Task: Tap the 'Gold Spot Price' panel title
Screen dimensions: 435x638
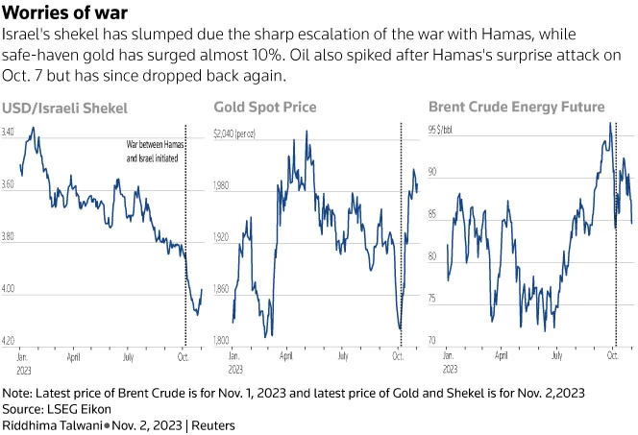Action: [x=264, y=107]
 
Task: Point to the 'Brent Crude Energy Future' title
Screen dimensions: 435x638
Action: [x=516, y=107]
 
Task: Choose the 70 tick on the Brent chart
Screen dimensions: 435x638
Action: [x=433, y=341]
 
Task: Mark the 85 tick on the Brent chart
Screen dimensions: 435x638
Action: [x=433, y=214]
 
